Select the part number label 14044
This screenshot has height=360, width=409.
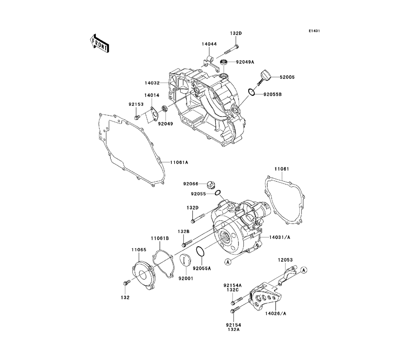tap(209, 44)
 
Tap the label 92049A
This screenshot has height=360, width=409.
tap(245, 62)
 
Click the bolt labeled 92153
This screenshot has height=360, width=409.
tap(137, 118)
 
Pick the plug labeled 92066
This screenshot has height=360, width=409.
tap(211, 184)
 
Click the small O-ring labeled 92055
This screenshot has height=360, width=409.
tap(218, 193)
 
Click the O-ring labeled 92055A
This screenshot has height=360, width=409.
tap(200, 253)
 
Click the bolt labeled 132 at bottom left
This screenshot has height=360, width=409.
tap(126, 283)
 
